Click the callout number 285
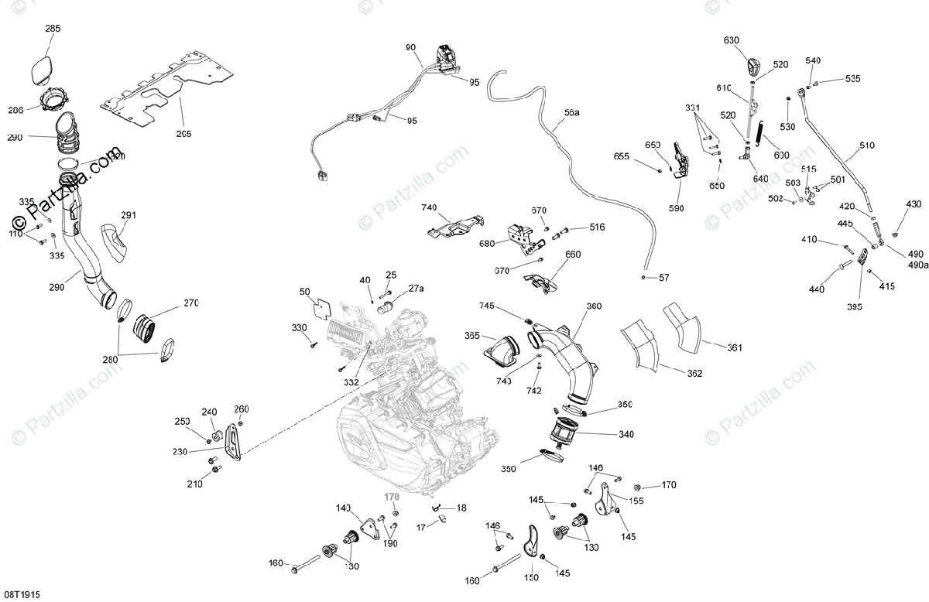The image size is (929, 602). [x=53, y=29]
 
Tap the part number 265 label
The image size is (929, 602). [x=183, y=134]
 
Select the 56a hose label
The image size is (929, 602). [x=571, y=113]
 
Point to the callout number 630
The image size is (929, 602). [x=732, y=40]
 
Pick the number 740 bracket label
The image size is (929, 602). [x=430, y=208]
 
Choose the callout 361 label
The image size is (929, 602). [x=733, y=347]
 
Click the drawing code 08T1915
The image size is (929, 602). [x=21, y=594]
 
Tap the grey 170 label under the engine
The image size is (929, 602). [x=394, y=498]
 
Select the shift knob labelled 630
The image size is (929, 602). [x=756, y=65]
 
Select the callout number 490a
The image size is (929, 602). [x=918, y=265]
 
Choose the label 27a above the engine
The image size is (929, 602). [x=417, y=289]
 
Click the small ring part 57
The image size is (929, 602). [x=643, y=276]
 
